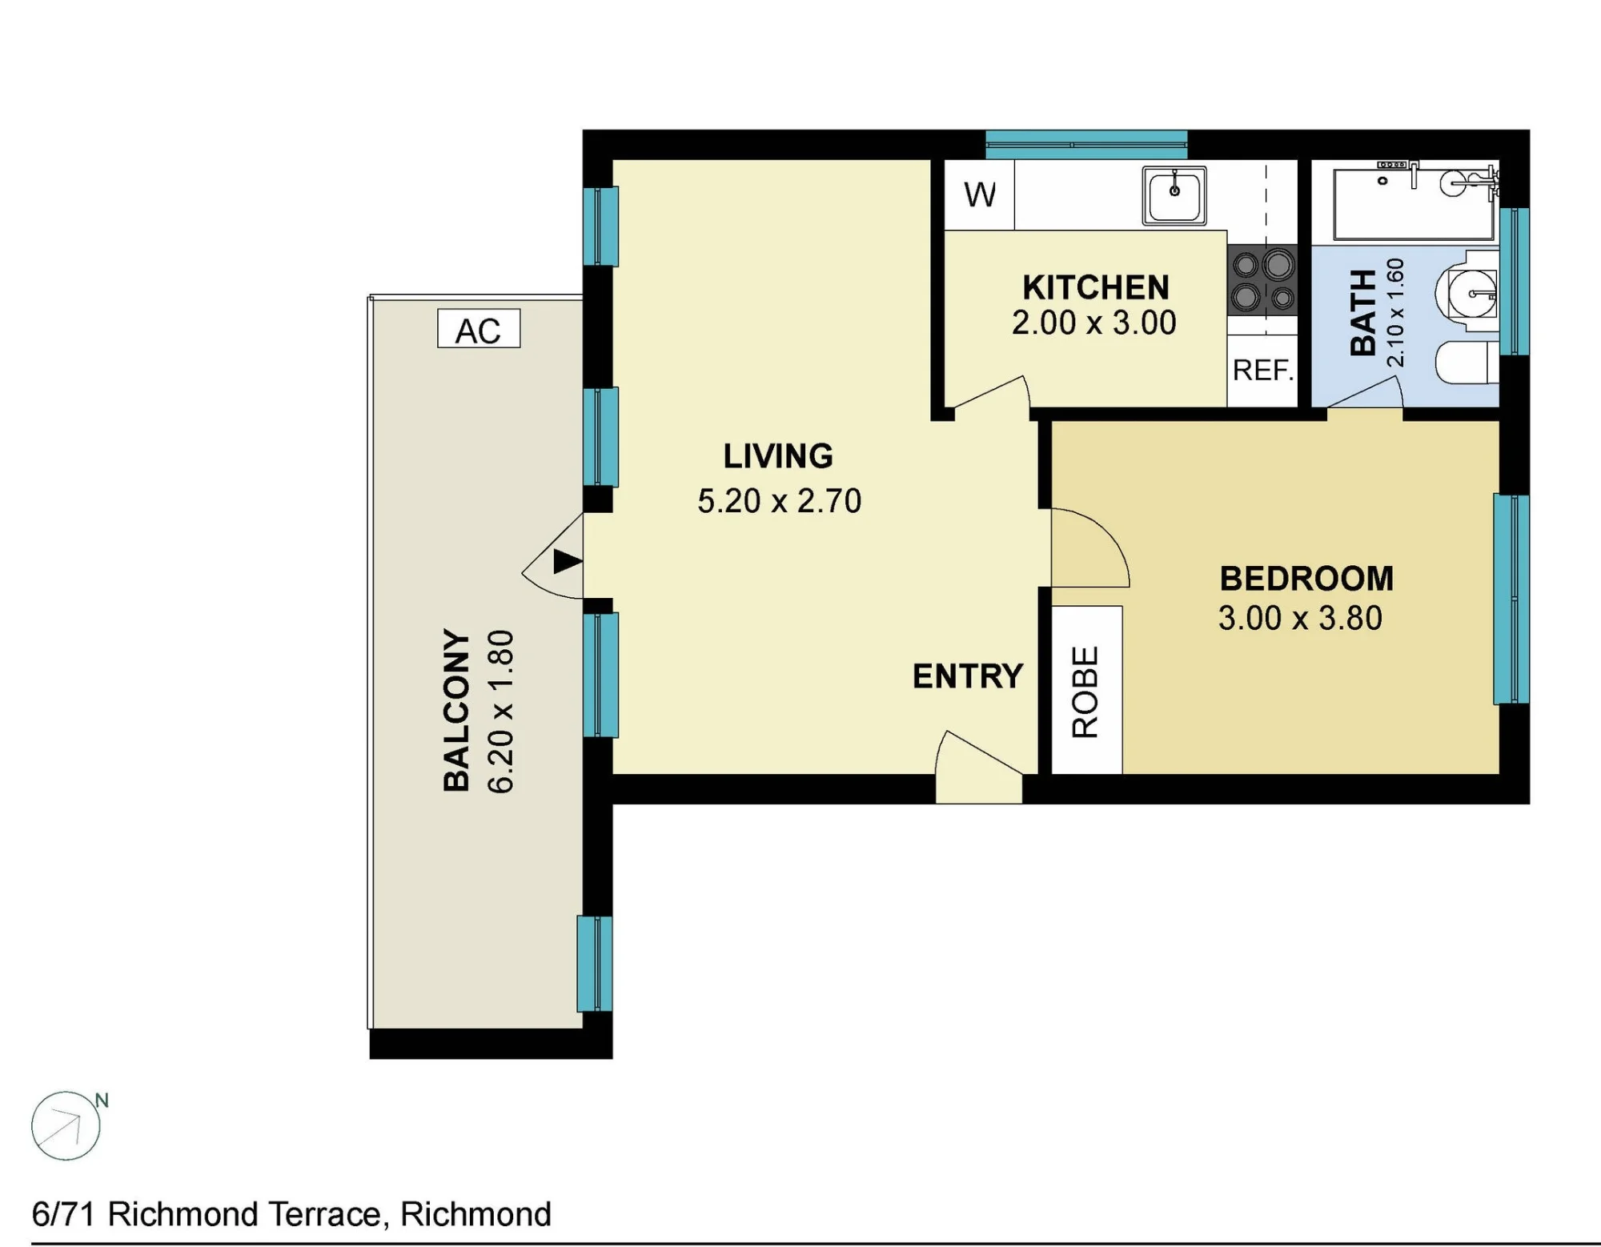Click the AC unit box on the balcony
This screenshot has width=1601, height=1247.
[479, 328]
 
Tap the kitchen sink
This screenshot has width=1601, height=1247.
[1174, 195]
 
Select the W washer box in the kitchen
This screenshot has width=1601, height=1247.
[980, 194]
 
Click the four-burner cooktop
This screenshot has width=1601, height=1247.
[1262, 280]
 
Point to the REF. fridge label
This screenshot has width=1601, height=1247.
[1263, 371]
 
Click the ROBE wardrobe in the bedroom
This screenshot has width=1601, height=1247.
[1086, 691]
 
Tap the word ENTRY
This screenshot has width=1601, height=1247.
[968, 676]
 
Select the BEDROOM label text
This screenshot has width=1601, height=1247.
[1306, 579]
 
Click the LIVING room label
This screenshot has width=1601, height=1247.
[778, 456]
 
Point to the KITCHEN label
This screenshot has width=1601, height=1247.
[1096, 287]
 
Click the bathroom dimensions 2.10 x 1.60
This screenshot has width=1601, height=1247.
[1395, 312]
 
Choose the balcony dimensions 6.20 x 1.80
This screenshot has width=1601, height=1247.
[500, 712]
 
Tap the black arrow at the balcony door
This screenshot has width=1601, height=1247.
[568, 561]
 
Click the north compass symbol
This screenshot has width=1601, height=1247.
[66, 1126]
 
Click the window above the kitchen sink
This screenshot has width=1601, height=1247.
[1086, 145]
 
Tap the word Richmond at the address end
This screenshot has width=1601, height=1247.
[475, 1214]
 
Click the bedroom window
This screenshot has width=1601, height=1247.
[1511, 599]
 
